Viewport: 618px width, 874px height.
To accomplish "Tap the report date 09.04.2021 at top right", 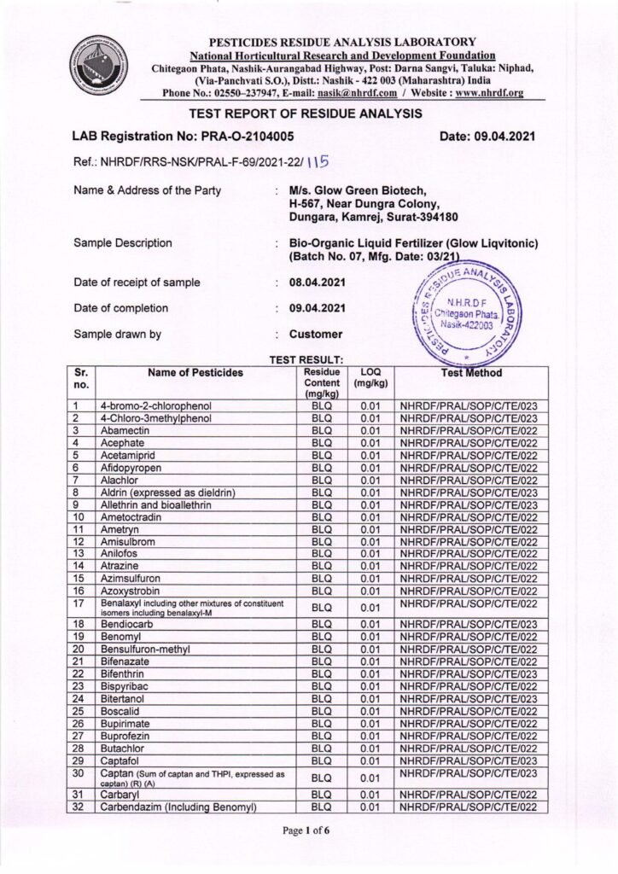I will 487,136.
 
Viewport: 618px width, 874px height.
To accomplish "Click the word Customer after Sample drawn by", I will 316,335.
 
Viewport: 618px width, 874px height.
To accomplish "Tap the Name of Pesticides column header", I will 195,373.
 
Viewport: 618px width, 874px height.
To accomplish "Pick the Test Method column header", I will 471,373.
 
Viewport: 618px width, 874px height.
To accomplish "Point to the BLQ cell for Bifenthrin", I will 322,673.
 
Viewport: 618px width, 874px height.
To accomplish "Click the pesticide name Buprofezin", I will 128,734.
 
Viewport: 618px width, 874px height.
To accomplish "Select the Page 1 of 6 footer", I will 309,830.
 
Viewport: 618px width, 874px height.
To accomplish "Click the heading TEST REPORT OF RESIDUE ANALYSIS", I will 306,113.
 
